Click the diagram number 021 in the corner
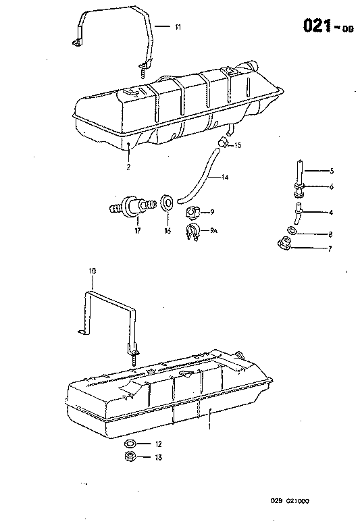315,25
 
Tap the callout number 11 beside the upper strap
178,27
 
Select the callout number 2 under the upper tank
128,165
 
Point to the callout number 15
238,146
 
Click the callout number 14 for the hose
226,177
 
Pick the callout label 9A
214,231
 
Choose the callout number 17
137,230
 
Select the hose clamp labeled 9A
192,233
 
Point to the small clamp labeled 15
222,142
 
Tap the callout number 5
332,171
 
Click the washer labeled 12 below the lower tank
130,444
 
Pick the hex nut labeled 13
130,457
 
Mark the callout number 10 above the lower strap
93,271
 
